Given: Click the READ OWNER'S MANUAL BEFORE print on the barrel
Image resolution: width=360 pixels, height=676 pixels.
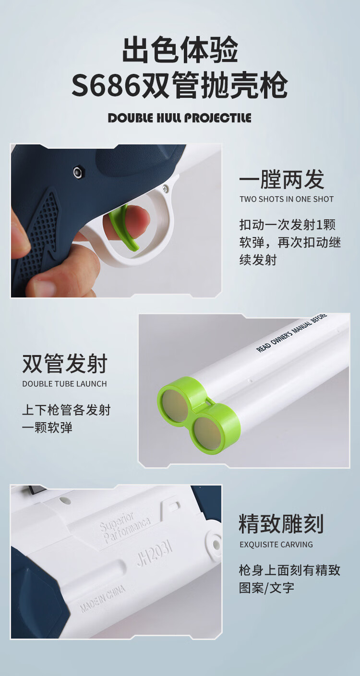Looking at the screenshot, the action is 291,332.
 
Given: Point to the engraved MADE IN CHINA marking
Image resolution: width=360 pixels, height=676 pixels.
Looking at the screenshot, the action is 103,599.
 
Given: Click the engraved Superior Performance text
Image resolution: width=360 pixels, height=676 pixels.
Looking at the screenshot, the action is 124,527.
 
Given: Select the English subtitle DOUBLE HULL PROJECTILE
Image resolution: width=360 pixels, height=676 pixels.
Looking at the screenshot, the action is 180,118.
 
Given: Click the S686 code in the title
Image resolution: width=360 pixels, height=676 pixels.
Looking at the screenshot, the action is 106,85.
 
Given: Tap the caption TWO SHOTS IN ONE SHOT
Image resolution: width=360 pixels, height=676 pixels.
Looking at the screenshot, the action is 287,199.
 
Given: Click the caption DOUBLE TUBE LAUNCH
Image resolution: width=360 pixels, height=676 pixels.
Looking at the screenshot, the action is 65,384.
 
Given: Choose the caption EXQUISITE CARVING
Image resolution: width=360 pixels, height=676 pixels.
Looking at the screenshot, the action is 276,545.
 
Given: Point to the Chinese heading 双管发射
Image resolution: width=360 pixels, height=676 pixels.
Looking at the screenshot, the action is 65,364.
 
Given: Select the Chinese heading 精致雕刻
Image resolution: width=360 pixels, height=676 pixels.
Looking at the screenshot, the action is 281,524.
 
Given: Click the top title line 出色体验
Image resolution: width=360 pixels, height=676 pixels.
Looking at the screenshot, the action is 180,49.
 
